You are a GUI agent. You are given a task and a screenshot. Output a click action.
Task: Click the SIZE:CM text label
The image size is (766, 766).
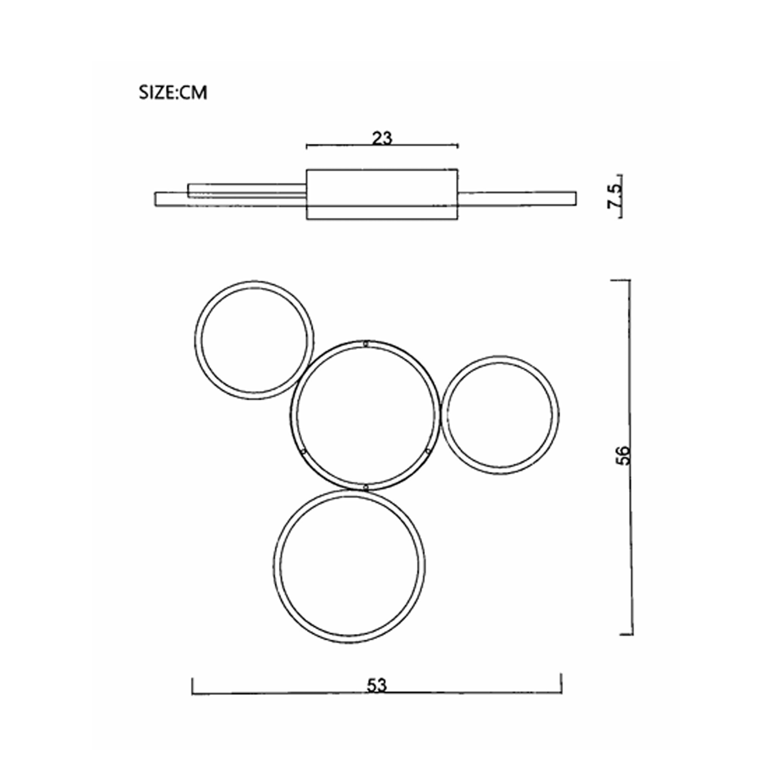pos(173,93)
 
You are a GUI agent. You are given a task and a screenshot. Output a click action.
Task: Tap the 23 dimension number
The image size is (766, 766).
pos(382,138)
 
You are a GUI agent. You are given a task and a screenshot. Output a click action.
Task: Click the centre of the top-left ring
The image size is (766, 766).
pos(254,340)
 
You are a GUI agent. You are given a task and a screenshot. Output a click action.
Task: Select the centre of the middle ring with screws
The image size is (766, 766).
pos(365,415)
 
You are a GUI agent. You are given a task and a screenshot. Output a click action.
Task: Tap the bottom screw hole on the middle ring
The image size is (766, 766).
pos(365,487)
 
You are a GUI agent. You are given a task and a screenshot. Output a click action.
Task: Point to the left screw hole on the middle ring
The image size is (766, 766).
pos(303,451)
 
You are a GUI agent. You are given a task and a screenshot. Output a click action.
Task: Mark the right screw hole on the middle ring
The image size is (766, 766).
pos(428,451)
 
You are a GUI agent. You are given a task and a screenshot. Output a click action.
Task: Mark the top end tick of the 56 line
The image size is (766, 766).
pos(621,280)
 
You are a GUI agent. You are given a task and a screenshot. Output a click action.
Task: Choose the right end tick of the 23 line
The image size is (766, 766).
pos(458,146)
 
